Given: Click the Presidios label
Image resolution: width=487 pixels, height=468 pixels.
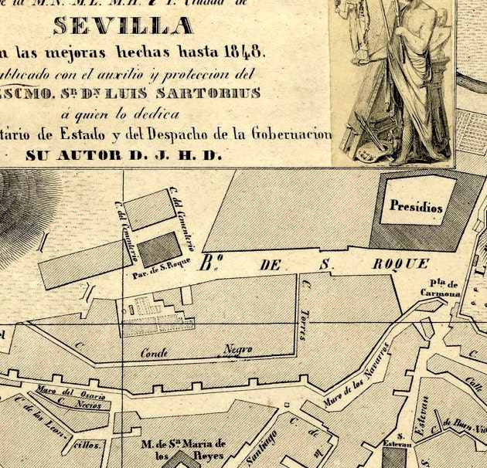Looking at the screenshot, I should tap(416, 207).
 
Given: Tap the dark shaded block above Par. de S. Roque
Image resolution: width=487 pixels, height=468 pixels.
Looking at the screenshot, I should tap(158, 249).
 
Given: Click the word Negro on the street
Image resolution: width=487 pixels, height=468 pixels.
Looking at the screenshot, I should tap(238, 350).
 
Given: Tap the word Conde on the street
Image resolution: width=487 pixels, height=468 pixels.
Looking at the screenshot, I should tap(155, 353).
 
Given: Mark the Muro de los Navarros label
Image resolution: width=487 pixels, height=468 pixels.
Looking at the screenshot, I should tap(359, 384).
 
